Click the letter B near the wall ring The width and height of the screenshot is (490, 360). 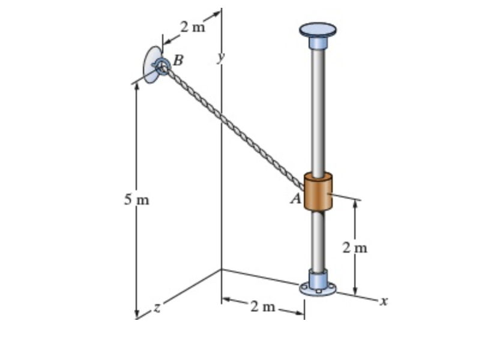[x=178, y=60]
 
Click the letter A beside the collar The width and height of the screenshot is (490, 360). [x=295, y=199]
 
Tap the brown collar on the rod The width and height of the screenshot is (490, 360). [x=318, y=191]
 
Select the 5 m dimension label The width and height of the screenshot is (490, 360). [x=136, y=200]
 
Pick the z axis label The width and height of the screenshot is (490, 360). [x=157, y=308]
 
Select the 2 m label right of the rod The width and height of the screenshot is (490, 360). [x=355, y=247]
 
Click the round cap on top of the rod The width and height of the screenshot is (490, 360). [x=318, y=29]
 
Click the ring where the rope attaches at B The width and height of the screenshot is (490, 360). [x=162, y=66]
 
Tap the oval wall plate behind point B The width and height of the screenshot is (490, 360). [x=151, y=64]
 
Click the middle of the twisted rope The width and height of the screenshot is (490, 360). [x=233, y=127]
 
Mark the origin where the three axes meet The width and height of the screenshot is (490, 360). [x=221, y=269]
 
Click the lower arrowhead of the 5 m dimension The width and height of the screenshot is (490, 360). [x=137, y=314]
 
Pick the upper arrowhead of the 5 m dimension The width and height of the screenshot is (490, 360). [x=137, y=85]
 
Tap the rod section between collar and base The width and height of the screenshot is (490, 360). [x=318, y=240]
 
